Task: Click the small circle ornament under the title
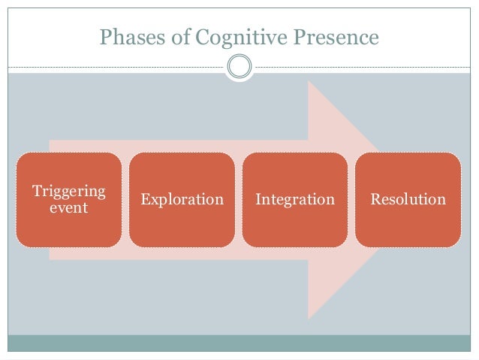(x=239, y=68)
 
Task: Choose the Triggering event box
(x=69, y=200)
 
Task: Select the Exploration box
(x=182, y=200)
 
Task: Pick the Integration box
(x=294, y=200)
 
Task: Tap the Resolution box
(x=408, y=200)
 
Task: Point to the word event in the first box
(x=69, y=207)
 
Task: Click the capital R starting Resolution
(x=375, y=200)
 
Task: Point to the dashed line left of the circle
(x=113, y=68)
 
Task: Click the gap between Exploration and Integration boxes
(x=238, y=200)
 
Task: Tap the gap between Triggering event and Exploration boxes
(x=125, y=200)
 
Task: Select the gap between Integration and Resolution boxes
(x=351, y=200)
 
